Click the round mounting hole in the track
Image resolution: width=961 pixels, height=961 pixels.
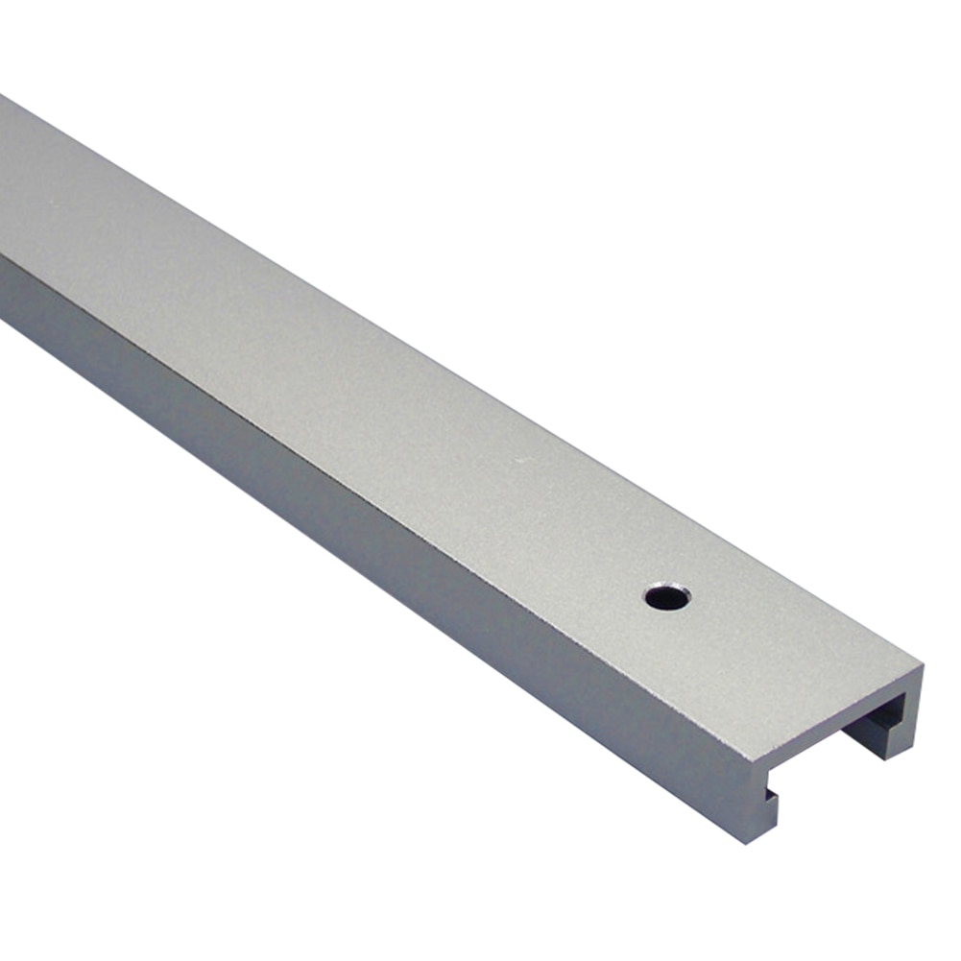[x=667, y=597]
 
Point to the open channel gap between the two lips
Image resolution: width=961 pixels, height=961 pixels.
[x=826, y=778]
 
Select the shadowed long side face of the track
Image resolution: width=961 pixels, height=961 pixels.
[x=384, y=499]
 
